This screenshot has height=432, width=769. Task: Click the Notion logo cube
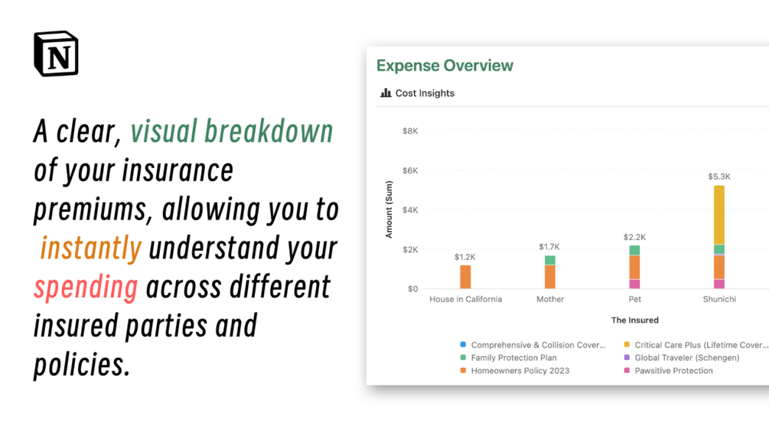pos(56,54)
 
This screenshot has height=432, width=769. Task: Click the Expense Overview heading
pos(445,66)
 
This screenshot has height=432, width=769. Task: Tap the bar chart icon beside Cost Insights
pos(386,93)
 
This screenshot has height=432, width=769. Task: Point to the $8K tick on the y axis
pos(410,131)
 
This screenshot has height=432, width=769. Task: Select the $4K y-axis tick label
pos(410,210)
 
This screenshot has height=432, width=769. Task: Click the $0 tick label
pos(413,289)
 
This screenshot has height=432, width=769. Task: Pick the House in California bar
pos(465,277)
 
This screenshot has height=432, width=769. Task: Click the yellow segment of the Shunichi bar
pos(719,215)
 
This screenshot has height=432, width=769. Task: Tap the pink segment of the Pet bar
pos(634,284)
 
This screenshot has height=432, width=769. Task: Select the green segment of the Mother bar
pos(550,260)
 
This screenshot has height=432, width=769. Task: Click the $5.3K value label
pos(719,177)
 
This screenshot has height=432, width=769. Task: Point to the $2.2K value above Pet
pos(634,237)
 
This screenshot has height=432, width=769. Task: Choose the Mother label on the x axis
pos(550,299)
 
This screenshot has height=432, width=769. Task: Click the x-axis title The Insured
pos(634,320)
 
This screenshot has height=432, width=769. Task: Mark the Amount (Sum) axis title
pos(389,210)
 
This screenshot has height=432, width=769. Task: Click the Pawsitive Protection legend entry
pos(669,371)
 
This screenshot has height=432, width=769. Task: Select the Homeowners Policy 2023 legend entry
pos(515,371)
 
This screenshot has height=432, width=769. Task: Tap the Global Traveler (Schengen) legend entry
pos(682,358)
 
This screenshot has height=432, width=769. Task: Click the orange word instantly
pos(91,248)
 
